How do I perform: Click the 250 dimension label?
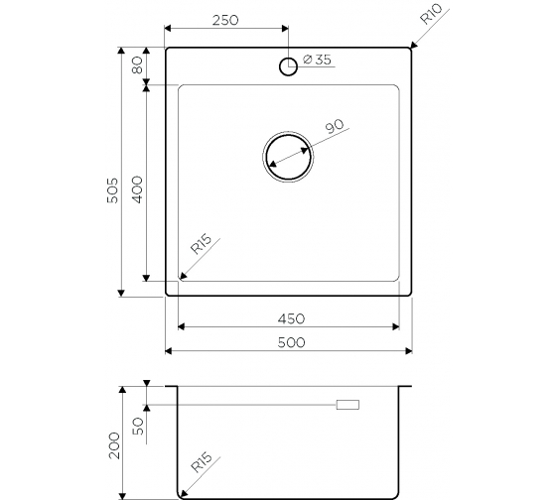pos(225,20)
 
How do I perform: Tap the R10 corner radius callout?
pos(431,14)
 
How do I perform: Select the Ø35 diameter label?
pos(318,60)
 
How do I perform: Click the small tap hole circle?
pos(288,66)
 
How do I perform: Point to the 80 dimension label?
pos(137,64)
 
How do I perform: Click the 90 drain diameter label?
pos(335,127)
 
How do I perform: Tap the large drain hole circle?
pos(288,157)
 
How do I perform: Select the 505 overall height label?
pos(112,190)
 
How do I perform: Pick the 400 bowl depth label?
pos(137,189)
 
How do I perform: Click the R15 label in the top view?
pos(201,244)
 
